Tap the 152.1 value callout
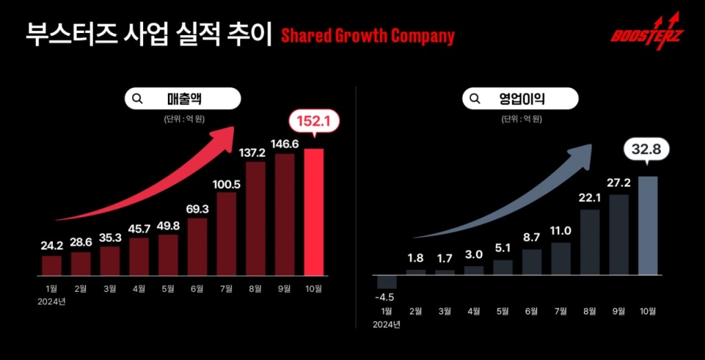[314, 123]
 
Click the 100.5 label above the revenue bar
[227, 184]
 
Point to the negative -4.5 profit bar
[387, 282]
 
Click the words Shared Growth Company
[368, 36]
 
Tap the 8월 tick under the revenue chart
[255, 290]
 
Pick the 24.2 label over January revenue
[52, 245]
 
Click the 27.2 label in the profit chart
[619, 184]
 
